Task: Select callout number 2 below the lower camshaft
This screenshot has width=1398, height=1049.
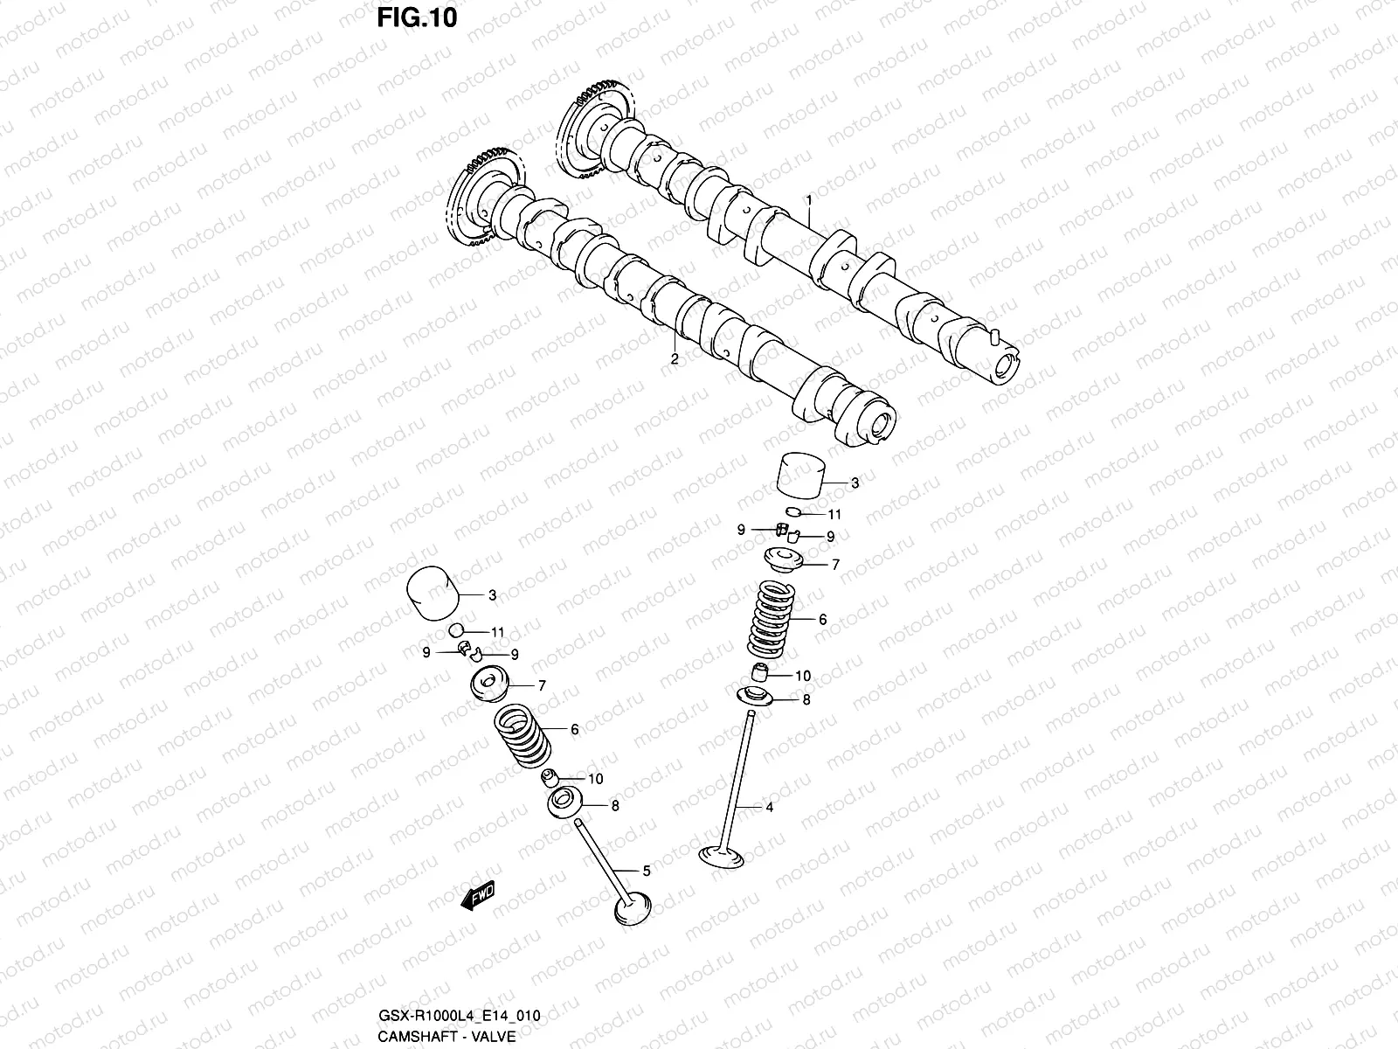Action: (x=675, y=358)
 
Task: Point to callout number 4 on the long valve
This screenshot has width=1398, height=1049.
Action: (x=769, y=808)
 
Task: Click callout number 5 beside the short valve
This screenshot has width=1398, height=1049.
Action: (x=646, y=871)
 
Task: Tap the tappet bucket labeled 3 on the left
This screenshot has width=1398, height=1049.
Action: (x=432, y=594)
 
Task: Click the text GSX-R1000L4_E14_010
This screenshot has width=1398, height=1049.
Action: (x=458, y=1015)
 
